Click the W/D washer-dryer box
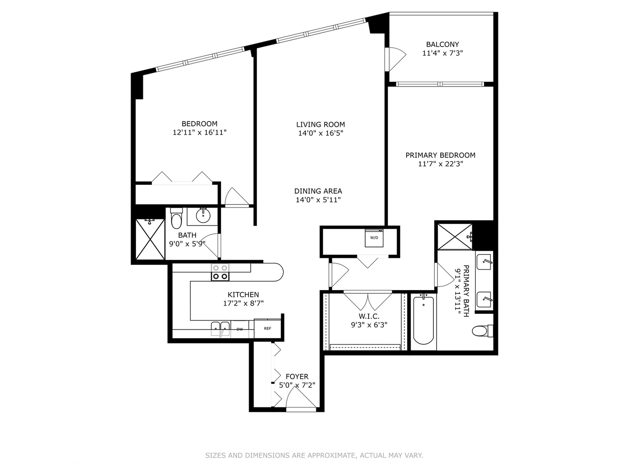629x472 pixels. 374,238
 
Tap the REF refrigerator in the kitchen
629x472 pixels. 267,328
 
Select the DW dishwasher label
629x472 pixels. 239,329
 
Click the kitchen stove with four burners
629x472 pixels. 220,272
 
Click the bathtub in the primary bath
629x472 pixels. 423,320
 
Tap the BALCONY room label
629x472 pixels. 442,45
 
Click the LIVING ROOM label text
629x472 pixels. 320,125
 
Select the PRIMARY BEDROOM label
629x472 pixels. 440,155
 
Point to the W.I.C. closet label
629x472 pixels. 369,316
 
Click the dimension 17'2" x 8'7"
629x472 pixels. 243,303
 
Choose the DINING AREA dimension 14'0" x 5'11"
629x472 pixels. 318,199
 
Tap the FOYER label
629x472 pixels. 297,376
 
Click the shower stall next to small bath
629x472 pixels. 150,239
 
